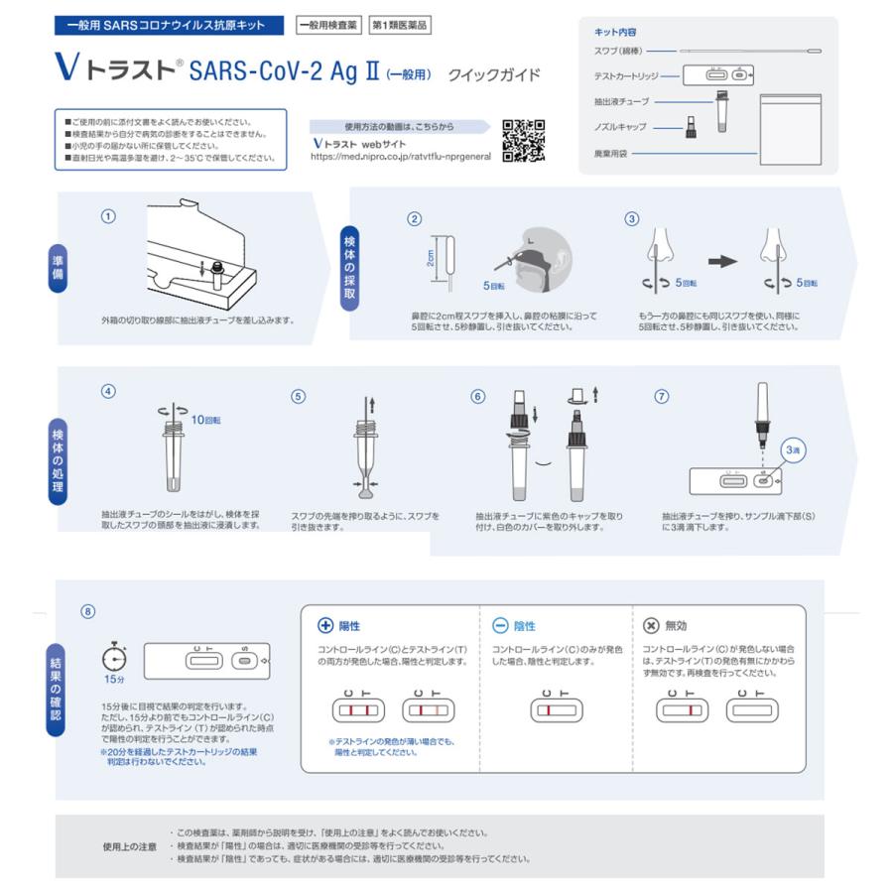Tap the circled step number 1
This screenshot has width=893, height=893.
[108, 216]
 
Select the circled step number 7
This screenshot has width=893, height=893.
[662, 396]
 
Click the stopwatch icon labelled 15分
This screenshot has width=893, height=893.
[114, 658]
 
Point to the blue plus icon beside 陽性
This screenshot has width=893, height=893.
[324, 626]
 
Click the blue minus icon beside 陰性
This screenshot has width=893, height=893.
[500, 626]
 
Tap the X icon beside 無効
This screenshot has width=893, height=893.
[651, 626]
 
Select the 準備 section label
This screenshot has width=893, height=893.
[59, 268]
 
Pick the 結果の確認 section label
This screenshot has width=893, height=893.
[58, 686]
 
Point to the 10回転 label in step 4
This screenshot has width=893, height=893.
[205, 420]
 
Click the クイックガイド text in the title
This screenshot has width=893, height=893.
[494, 74]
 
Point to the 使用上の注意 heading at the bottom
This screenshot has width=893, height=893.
[130, 846]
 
